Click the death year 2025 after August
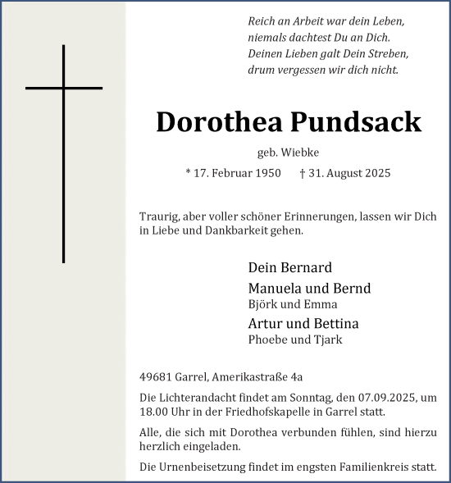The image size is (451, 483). click(376, 173)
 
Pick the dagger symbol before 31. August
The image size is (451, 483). click(303, 173)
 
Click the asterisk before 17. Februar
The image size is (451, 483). click(189, 173)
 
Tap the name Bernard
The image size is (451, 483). click(304, 267)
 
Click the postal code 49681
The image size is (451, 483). click(157, 377)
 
